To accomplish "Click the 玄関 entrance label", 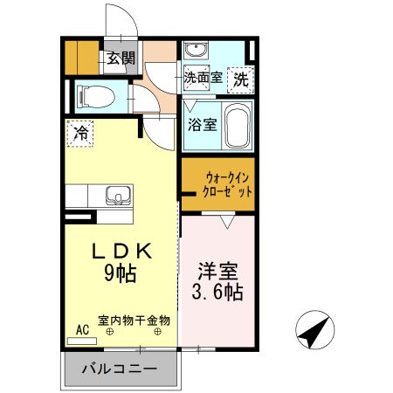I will (121, 59).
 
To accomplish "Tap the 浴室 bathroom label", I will (202, 124).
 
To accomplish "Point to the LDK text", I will (123, 250).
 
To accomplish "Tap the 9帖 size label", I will (122, 272).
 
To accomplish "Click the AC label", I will (83, 329).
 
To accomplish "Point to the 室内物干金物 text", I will (134, 321).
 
